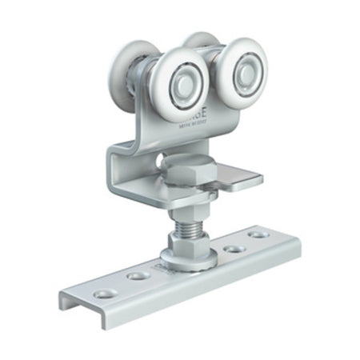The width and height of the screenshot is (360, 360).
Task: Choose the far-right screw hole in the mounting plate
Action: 258,235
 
